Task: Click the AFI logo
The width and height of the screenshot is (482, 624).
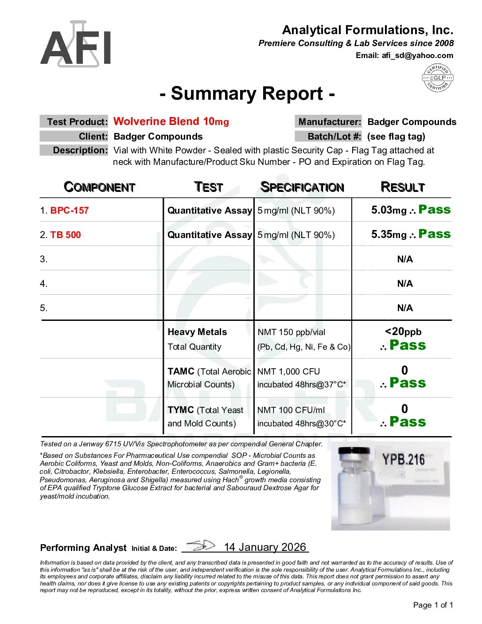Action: point(76,44)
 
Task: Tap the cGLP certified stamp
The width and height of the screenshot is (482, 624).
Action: point(437,78)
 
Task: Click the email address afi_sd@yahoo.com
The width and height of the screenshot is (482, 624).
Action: point(417,56)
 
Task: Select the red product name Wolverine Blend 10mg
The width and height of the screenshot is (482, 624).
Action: point(171,121)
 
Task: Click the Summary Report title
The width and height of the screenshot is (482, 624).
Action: point(247,94)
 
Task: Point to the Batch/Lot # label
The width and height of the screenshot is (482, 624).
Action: point(328,136)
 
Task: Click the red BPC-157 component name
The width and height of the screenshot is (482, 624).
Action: point(70,211)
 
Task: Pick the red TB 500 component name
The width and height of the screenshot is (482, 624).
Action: point(66,235)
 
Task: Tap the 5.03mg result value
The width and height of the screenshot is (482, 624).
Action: point(389,210)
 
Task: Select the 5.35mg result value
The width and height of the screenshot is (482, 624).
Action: point(389,234)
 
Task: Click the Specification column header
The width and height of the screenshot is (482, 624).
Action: point(302,187)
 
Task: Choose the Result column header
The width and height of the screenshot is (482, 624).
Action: point(403,187)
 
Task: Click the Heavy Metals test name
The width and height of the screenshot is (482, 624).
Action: point(197,332)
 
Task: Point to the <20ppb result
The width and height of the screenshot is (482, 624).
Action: point(403,331)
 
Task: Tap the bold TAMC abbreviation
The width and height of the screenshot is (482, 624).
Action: point(181,371)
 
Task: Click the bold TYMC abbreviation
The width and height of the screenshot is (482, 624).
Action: point(181,410)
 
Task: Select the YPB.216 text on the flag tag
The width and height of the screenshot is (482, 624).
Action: point(403,460)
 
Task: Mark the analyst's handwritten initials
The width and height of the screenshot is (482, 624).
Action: point(200,546)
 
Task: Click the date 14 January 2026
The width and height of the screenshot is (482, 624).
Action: point(265,547)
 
